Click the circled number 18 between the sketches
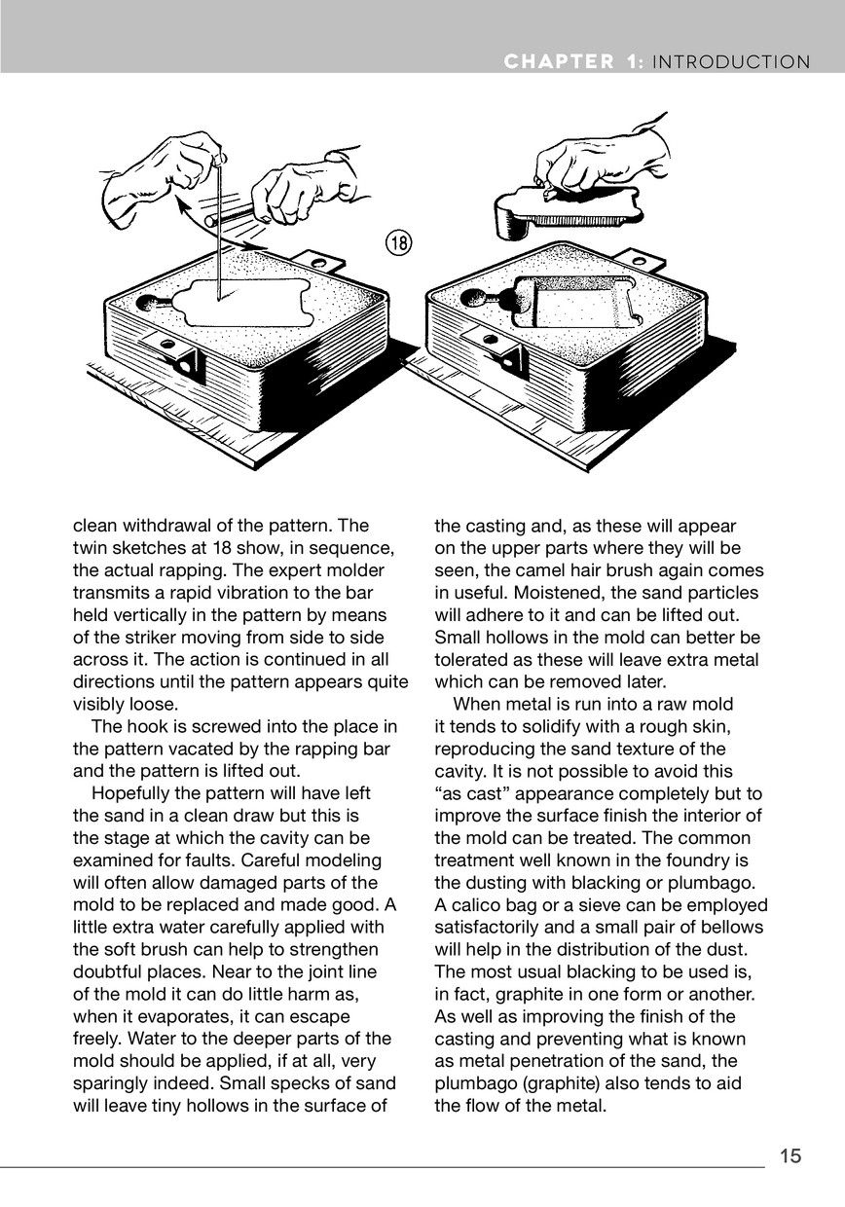pyautogui.click(x=397, y=243)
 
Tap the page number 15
pyautogui.click(x=790, y=1155)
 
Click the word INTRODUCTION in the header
pyautogui.click(x=731, y=62)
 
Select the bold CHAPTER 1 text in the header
pyautogui.click(x=573, y=62)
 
